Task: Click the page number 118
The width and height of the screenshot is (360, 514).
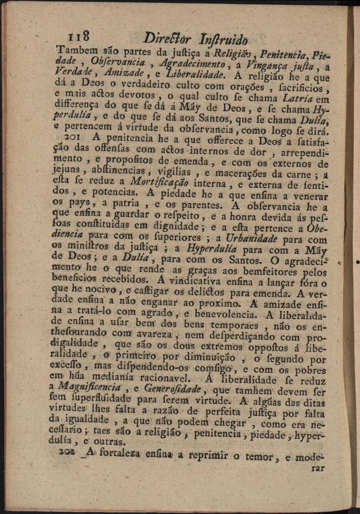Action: point(77,37)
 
